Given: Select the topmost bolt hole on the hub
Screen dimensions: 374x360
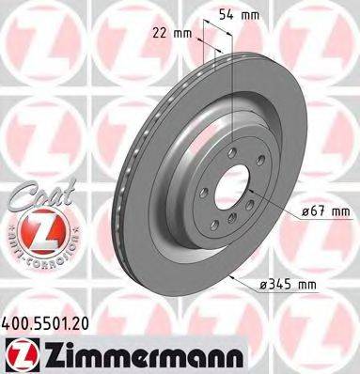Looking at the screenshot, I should tap(234, 154).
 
